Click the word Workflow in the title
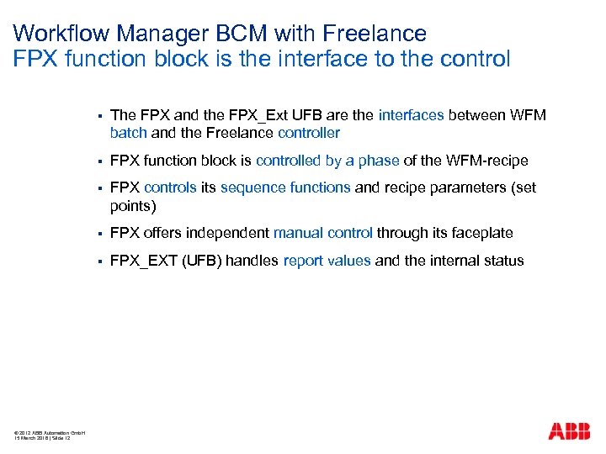coord(62,34)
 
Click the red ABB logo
coord(570,431)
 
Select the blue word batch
coord(128,133)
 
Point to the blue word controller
coord(309,133)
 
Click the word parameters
coord(468,188)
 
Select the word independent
coord(227,233)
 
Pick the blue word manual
coord(299,233)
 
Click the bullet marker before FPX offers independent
coord(99,233)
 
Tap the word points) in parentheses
coord(133,205)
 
